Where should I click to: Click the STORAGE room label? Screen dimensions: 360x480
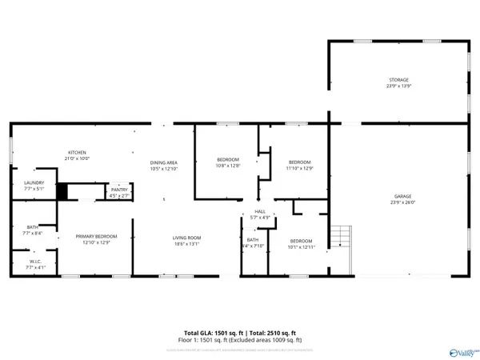pyautogui.click(x=398, y=80)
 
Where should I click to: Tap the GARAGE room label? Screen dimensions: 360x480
pyautogui.click(x=402, y=196)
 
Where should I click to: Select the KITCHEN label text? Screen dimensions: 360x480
pyautogui.click(x=77, y=152)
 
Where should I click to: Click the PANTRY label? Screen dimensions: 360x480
pyautogui.click(x=119, y=190)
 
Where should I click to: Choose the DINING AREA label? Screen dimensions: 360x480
pyautogui.click(x=163, y=163)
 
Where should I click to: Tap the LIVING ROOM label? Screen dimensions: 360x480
pyautogui.click(x=186, y=237)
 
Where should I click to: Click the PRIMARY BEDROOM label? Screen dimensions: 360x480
pyautogui.click(x=96, y=236)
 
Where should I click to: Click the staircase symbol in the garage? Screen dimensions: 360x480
pyautogui.click(x=342, y=238)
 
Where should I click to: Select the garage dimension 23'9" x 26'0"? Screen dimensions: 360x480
pyautogui.click(x=402, y=202)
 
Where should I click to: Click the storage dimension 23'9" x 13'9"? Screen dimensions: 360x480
pyautogui.click(x=398, y=86)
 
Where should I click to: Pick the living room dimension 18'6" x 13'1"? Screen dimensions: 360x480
pyautogui.click(x=186, y=243)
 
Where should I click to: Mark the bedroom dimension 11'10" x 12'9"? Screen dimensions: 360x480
pyautogui.click(x=299, y=167)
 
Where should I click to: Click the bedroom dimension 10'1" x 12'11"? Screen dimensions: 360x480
pyautogui.click(x=301, y=248)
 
